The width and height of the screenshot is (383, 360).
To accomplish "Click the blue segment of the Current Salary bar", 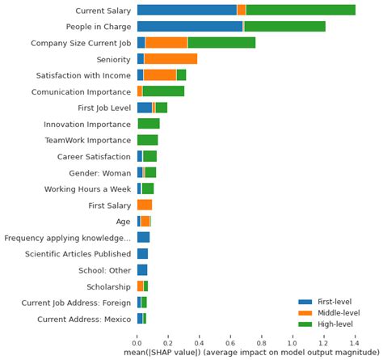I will (x=187, y=10).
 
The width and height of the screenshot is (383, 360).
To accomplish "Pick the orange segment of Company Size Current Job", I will (x=166, y=42).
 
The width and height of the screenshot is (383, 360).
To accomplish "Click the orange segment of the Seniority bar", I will (x=170, y=58).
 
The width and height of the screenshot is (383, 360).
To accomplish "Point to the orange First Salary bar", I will (x=145, y=205).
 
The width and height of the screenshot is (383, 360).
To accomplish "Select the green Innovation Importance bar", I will (x=149, y=124).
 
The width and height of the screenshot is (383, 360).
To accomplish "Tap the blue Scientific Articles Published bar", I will (x=142, y=253).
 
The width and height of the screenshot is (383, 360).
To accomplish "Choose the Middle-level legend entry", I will (x=335, y=312).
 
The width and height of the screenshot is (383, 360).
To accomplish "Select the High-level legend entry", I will (x=331, y=324).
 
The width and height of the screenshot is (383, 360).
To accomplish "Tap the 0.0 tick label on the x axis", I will (x=137, y=343).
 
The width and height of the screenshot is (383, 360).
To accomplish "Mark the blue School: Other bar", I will (x=142, y=269).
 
